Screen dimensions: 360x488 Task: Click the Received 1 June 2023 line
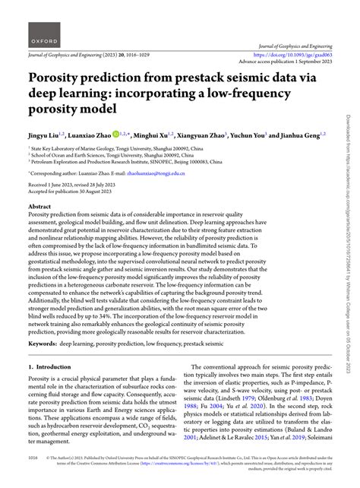[65, 186]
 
